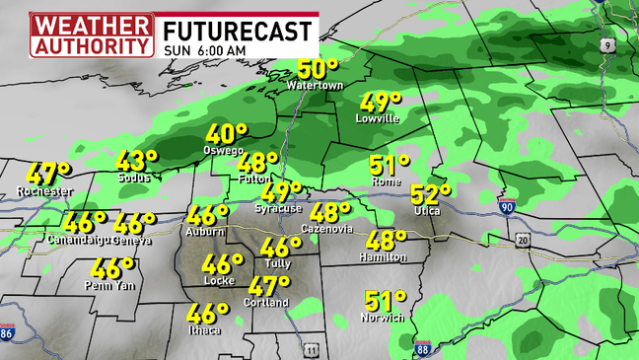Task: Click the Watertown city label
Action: (315, 86)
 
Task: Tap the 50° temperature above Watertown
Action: (319, 69)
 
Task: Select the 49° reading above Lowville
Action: (381, 102)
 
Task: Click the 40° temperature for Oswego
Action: (226, 134)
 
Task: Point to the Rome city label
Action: (386, 182)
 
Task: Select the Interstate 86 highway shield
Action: (8, 333)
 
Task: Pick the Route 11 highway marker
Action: (312, 349)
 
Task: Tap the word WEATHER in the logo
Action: (92, 24)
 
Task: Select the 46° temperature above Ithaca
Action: (208, 314)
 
